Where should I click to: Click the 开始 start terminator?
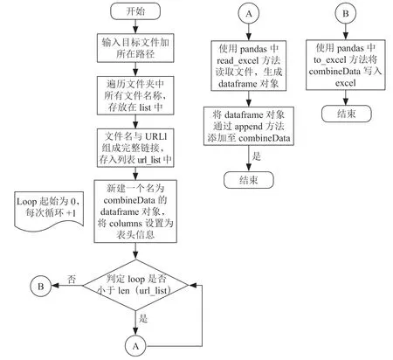[x=135, y=11]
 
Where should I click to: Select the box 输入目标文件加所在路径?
[x=135, y=48]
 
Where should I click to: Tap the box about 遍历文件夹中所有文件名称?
[x=135, y=95]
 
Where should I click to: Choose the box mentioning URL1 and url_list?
[x=135, y=148]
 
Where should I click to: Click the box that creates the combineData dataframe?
[x=135, y=211]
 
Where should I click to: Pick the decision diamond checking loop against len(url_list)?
[x=135, y=285]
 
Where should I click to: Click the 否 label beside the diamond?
[x=72, y=279]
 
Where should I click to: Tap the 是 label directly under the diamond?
[x=143, y=318]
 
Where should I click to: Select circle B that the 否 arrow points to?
[x=41, y=286]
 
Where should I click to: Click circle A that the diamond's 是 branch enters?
[x=135, y=346]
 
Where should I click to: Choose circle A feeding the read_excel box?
[x=249, y=13]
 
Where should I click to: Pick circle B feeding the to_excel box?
[x=346, y=13]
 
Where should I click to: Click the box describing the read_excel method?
[x=249, y=66]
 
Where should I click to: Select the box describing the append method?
[x=249, y=126]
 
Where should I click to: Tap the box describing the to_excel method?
[x=346, y=65]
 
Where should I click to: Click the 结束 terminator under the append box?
[x=249, y=180]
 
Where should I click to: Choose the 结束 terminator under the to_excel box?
[x=347, y=114]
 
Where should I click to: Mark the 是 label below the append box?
[x=257, y=156]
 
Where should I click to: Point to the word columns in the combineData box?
[x=126, y=224]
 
